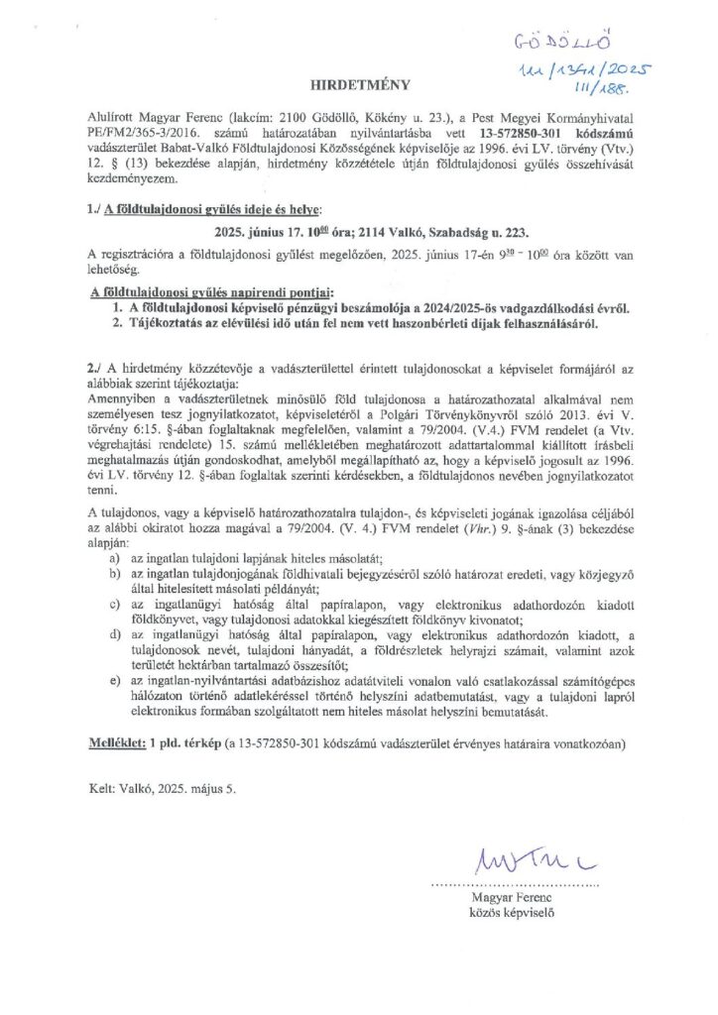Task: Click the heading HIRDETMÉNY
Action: [360, 86]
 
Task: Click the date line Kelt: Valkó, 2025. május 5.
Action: [162, 789]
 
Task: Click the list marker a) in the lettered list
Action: [118, 560]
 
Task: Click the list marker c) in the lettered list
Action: [118, 606]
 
